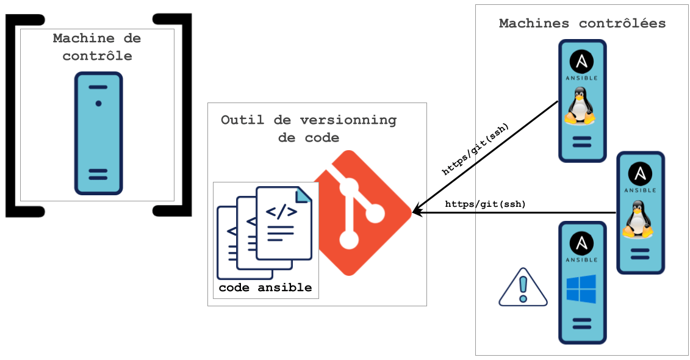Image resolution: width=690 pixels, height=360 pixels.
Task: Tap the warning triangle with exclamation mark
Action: (x=523, y=289)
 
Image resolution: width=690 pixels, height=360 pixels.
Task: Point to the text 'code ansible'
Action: (x=265, y=287)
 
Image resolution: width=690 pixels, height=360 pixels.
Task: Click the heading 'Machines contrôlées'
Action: (x=582, y=24)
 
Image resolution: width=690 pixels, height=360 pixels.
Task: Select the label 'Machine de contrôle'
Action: (x=97, y=47)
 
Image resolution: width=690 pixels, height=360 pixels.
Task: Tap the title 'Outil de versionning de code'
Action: (x=308, y=128)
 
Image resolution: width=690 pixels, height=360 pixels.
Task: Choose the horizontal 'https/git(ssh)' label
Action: (x=485, y=204)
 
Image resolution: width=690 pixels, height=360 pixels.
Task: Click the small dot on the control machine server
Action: (x=98, y=104)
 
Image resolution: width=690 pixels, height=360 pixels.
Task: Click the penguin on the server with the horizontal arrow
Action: (x=639, y=220)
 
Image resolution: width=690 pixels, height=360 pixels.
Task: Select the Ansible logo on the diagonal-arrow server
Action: (x=581, y=63)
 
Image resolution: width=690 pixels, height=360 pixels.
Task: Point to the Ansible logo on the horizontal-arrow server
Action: (x=640, y=175)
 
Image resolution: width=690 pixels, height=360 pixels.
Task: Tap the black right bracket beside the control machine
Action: (x=183, y=116)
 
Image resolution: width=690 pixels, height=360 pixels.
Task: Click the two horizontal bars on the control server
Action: (x=98, y=174)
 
